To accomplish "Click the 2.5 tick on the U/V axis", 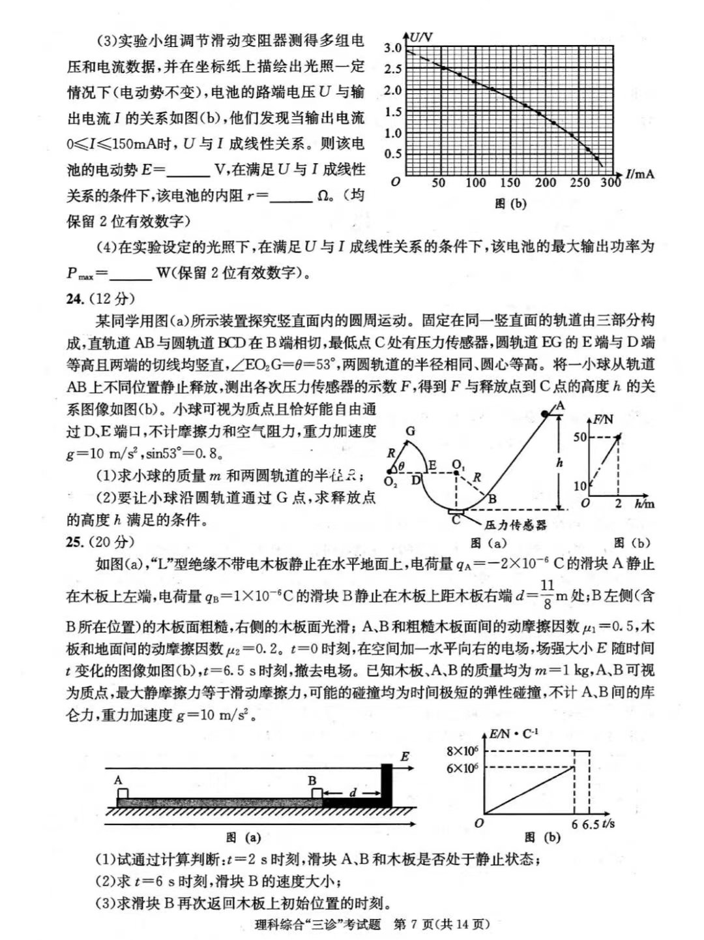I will pos(393,69).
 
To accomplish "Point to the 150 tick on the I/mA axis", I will pos(510,183).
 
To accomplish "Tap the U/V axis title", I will pos(420,37).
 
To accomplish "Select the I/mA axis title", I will pos(639,174).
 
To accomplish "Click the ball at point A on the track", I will pos(546,414).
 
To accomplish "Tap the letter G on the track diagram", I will pos(410,431).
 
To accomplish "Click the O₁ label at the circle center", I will pos(458,465).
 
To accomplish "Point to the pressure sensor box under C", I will pos(456,513).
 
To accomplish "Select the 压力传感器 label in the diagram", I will pos(515,524).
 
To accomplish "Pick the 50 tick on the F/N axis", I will pos(580,437).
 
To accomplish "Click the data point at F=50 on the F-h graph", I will pos(618,436).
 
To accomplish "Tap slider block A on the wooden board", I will pos(122,793).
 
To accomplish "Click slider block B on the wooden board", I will pos(317,793).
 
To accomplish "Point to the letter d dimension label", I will pos(353,793).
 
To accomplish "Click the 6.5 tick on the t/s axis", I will pos(591,824).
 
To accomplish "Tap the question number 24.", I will pos(76,299).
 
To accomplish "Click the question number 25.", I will pos(76,541).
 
